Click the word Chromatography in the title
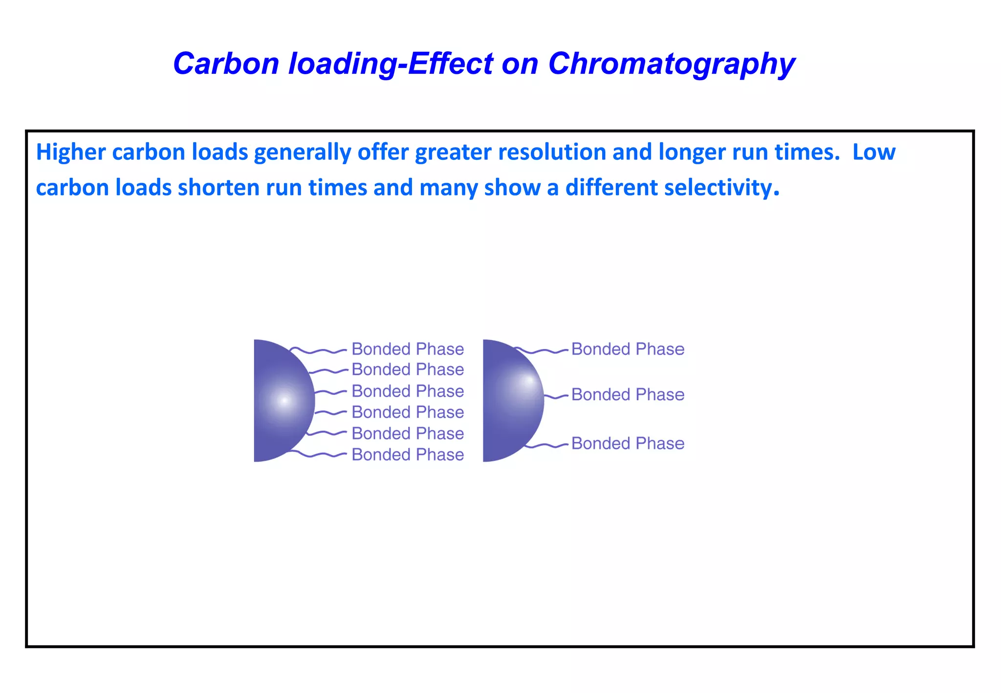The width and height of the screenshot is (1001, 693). (672, 64)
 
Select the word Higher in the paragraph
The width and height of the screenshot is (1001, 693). (71, 152)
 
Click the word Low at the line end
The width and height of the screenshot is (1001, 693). (874, 152)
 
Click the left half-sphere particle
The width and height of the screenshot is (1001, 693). (281, 400)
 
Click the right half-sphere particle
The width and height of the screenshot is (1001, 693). (511, 400)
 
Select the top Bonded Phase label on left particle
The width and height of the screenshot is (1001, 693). (408, 349)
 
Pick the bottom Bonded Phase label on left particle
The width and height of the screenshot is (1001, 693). (408, 455)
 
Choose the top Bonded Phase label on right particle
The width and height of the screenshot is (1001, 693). (628, 349)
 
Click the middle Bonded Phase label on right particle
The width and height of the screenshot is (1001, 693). (628, 394)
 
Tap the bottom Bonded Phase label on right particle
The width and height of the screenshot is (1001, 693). (628, 443)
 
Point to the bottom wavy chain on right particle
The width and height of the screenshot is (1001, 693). (546, 445)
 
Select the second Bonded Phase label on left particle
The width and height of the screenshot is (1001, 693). (408, 369)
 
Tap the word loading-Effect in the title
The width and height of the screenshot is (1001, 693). (391, 64)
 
